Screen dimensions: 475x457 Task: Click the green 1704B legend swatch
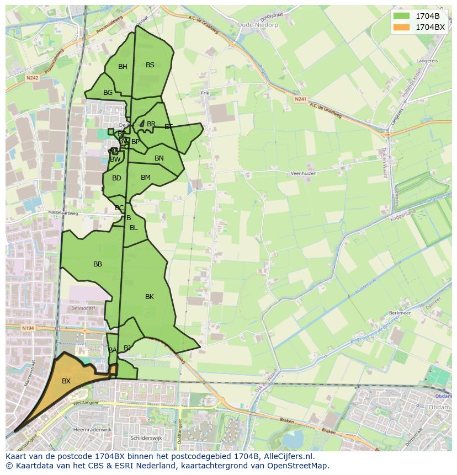pyautogui.click(x=402, y=16)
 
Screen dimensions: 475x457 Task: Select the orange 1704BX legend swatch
pyautogui.click(x=402, y=26)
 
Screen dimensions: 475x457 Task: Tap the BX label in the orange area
pyautogui.click(x=66, y=381)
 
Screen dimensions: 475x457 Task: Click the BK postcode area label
pyautogui.click(x=150, y=297)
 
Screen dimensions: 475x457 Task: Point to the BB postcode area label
pyautogui.click(x=98, y=264)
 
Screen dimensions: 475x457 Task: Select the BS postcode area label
pyautogui.click(x=150, y=65)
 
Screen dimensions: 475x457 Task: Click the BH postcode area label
pyautogui.click(x=123, y=67)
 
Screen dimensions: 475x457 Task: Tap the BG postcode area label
pyautogui.click(x=108, y=93)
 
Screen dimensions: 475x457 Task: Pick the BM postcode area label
pyautogui.click(x=146, y=178)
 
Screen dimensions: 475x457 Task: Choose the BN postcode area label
pyautogui.click(x=159, y=158)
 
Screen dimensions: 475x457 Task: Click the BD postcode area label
pyautogui.click(x=116, y=178)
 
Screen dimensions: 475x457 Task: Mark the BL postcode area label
pyautogui.click(x=134, y=228)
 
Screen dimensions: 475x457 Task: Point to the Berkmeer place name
pyautogui.click(x=400, y=312)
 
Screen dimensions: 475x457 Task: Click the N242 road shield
pyautogui.click(x=32, y=78)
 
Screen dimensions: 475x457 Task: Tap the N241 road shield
pyautogui.click(x=300, y=99)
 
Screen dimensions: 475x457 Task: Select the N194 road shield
pyautogui.click(x=28, y=328)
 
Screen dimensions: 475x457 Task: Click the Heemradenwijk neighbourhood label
pyautogui.click(x=92, y=429)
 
